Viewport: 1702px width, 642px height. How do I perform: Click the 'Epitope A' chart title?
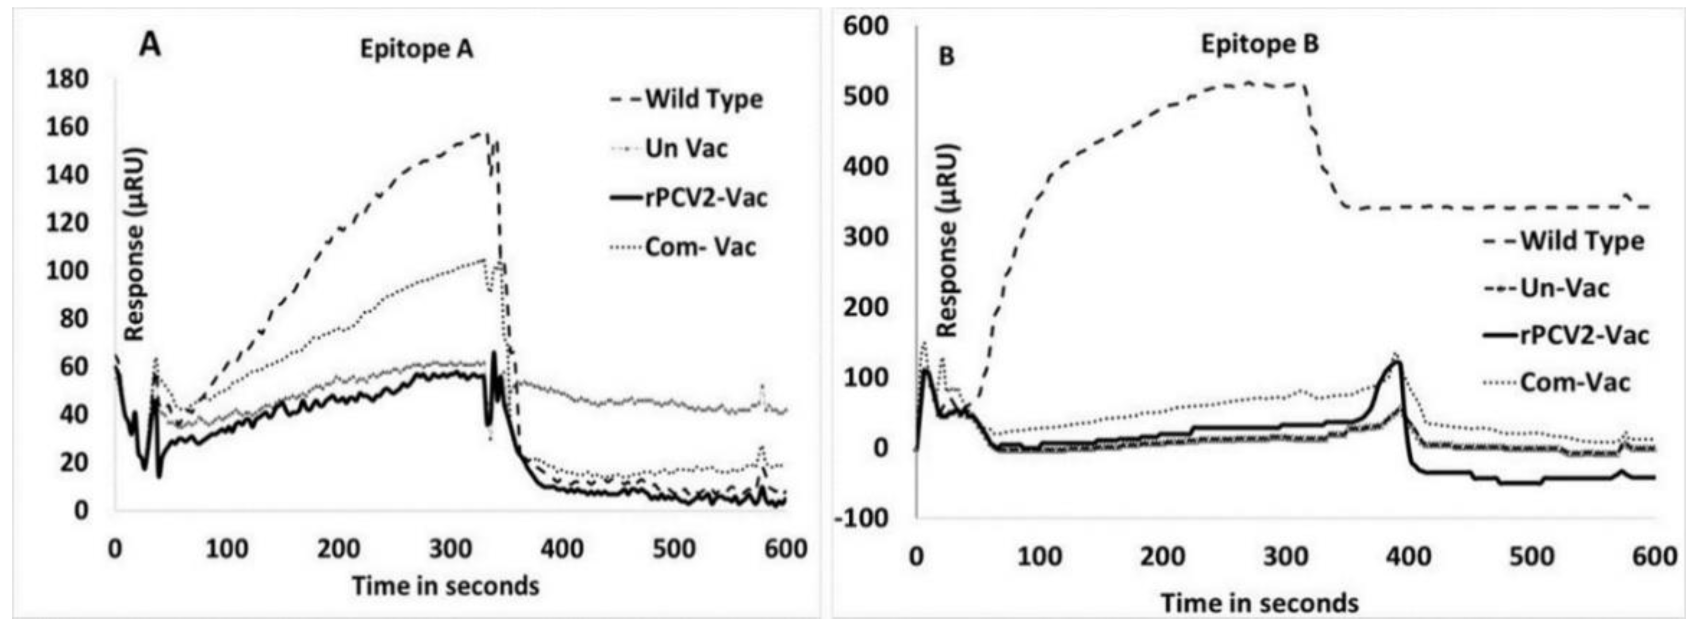tap(416, 50)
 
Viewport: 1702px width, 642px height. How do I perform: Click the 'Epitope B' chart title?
tap(1259, 44)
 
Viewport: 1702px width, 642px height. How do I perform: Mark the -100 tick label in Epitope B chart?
tap(862, 519)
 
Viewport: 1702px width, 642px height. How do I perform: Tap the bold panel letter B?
tap(946, 57)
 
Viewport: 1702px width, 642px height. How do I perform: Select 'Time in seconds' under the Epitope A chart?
tap(446, 586)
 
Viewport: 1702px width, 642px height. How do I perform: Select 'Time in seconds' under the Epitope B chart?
tap(1259, 603)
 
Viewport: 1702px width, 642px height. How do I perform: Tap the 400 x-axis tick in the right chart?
tap(1408, 557)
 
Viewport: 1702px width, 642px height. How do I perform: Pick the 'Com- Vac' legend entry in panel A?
tap(699, 247)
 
